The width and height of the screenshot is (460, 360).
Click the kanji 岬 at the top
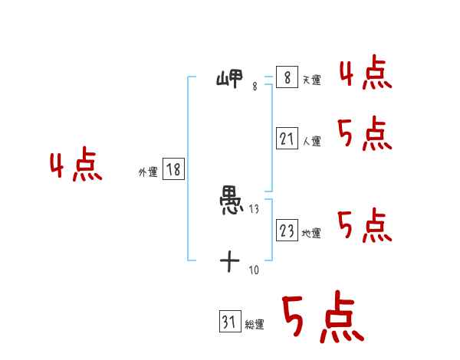(230, 78)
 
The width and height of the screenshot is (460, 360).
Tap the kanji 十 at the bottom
(230, 262)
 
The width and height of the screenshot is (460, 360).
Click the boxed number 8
(287, 78)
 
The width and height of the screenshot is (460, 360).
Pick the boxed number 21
(287, 139)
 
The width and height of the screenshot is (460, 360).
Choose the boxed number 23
(287, 231)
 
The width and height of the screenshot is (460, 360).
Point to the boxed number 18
(173, 170)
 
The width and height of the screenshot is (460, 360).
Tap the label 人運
(311, 141)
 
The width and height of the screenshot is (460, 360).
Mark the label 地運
(311, 233)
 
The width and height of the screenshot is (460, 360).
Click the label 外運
(148, 172)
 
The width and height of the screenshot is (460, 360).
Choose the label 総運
(255, 325)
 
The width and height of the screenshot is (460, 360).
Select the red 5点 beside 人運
(365, 136)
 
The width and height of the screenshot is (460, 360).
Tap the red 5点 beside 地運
(365, 226)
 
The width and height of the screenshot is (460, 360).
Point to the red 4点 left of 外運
(76, 167)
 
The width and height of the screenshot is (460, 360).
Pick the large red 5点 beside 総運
(322, 318)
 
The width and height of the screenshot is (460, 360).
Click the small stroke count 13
(254, 209)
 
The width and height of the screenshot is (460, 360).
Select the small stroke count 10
(254, 269)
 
